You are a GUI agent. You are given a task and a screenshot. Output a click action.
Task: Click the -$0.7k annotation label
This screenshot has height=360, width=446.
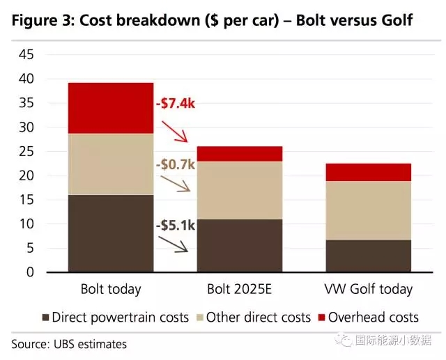point(176,165)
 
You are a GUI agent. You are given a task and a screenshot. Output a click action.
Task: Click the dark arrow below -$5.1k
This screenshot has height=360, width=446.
point(174,244)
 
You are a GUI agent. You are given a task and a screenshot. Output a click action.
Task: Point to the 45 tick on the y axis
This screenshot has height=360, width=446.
point(25,54)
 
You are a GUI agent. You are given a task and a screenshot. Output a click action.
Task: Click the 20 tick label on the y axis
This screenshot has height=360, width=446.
point(25,176)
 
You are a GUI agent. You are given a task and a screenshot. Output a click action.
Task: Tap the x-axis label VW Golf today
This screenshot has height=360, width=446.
point(368,289)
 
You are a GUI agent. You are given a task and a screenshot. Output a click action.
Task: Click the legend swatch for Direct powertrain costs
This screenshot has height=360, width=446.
point(45,318)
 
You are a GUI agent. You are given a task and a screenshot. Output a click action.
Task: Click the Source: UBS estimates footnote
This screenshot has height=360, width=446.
point(69,344)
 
